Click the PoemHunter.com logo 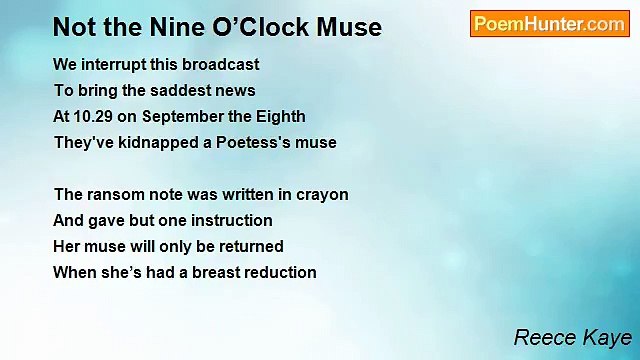[549, 24]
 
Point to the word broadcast [224, 64]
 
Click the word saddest [175, 90]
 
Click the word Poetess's [253, 142]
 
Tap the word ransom [115, 194]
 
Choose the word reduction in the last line [278, 272]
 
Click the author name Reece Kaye [571, 337]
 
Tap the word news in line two [235, 90]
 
